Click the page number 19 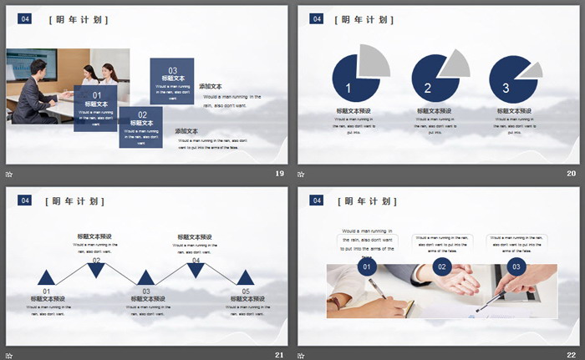280,174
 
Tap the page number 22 572,355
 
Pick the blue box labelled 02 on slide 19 141,127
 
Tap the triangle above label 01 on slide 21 46,279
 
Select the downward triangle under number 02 96,269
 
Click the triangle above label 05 245,279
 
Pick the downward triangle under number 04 196,269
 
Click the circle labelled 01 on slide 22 366,267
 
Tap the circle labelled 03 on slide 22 516,267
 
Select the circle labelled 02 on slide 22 442,267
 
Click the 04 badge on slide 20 316,18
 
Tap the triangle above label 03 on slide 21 146,279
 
